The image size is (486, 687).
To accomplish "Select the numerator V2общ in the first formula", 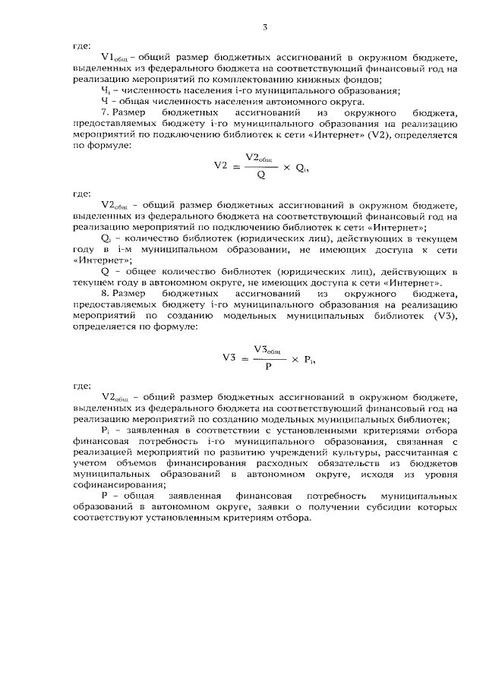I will [x=259, y=156].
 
